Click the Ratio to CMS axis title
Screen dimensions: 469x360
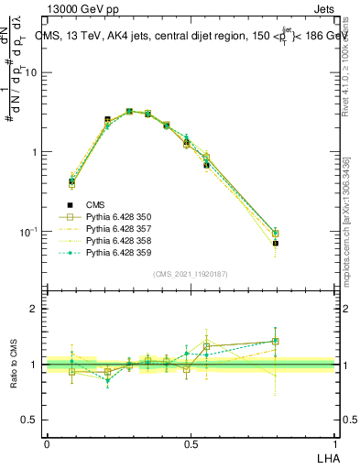(x=16, y=364)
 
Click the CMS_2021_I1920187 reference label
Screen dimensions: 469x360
(x=191, y=274)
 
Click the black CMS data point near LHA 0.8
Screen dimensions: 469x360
(x=275, y=244)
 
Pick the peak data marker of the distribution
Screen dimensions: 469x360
(x=129, y=111)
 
